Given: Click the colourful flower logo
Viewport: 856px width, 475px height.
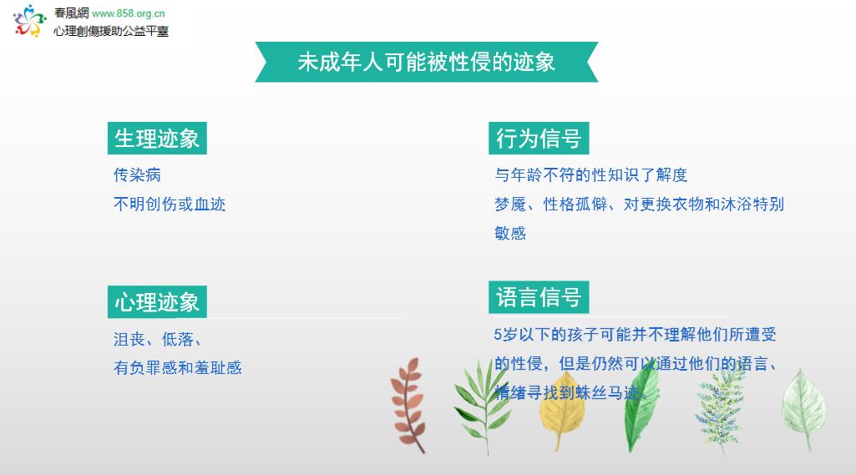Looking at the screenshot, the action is pyautogui.click(x=29, y=21).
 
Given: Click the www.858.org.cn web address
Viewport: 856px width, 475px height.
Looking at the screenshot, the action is pyautogui.click(x=129, y=13).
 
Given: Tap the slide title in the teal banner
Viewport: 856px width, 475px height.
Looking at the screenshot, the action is pyautogui.click(x=427, y=62).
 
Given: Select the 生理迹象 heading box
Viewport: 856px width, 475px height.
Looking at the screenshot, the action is pyautogui.click(x=157, y=138).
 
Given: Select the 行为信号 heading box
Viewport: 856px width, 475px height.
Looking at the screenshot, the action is pyautogui.click(x=539, y=138).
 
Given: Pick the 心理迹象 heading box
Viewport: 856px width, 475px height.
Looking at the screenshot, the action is pyautogui.click(x=157, y=302).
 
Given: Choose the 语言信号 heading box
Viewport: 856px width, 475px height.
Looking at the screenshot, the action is pyautogui.click(x=539, y=297).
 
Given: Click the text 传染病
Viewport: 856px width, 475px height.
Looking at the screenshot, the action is pyautogui.click(x=137, y=174).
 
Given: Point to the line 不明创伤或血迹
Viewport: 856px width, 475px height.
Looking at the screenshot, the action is pyautogui.click(x=170, y=205).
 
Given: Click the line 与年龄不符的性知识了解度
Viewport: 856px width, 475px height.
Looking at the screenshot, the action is pyautogui.click(x=590, y=174).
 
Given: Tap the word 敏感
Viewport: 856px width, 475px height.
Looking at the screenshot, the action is pyautogui.click(x=510, y=233).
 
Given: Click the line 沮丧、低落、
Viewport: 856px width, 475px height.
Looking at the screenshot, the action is pyautogui.click(x=157, y=339).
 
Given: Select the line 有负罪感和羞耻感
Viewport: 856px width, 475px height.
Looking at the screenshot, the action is pyautogui.click(x=177, y=367).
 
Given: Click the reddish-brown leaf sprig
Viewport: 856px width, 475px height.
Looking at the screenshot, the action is pyautogui.click(x=408, y=405).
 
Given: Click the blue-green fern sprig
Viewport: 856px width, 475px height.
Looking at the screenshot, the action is pyautogui.click(x=721, y=407).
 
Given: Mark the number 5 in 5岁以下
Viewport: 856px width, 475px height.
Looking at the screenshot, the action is pyautogui.click(x=498, y=334).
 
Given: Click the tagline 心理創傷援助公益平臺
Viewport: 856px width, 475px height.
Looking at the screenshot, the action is pyautogui.click(x=111, y=31).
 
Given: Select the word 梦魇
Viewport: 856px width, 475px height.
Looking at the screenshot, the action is pyautogui.click(x=510, y=205).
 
